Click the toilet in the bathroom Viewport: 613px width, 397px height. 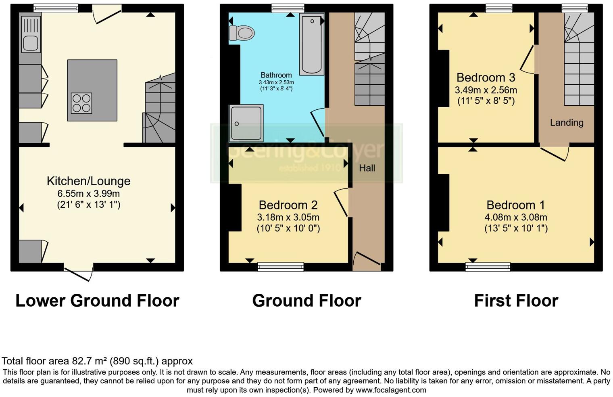tap(242, 33)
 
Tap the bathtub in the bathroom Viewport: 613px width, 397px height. tap(312, 44)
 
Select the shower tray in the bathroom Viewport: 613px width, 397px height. tap(246, 123)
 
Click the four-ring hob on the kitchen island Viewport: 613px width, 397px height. tap(81, 103)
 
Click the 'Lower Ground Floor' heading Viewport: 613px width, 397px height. tap(97, 301)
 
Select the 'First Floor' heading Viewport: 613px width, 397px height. tap(516, 301)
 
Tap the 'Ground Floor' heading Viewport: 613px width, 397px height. tap(306, 301)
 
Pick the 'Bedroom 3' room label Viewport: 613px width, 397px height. tap(486, 77)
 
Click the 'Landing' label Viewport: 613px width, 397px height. tap(567, 123)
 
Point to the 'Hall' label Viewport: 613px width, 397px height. tap(367, 168)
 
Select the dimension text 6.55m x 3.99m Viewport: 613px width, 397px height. tap(89, 194)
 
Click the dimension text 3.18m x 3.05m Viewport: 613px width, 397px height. tap(288, 217)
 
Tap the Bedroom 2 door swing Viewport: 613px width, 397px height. tap(341, 202)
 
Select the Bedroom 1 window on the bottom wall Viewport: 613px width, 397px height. tap(488, 266)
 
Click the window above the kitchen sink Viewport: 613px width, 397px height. tap(56, 8)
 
